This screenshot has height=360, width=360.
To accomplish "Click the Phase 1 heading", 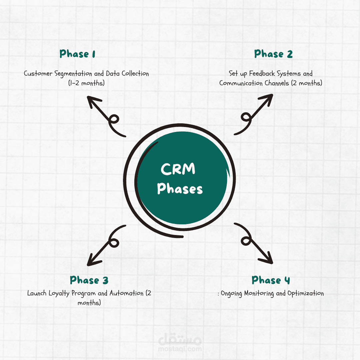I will point(77,54).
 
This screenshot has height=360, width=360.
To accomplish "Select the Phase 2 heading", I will point(273,54).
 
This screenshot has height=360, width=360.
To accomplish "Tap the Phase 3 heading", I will point(89,280).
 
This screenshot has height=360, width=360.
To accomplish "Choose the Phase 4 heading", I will point(271,280).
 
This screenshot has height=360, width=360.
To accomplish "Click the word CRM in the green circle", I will point(178,169).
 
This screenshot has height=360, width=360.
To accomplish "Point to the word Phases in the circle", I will point(180,189).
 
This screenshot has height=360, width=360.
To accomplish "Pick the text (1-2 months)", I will point(86,83).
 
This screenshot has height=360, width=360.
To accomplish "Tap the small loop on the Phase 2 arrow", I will point(246,117).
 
